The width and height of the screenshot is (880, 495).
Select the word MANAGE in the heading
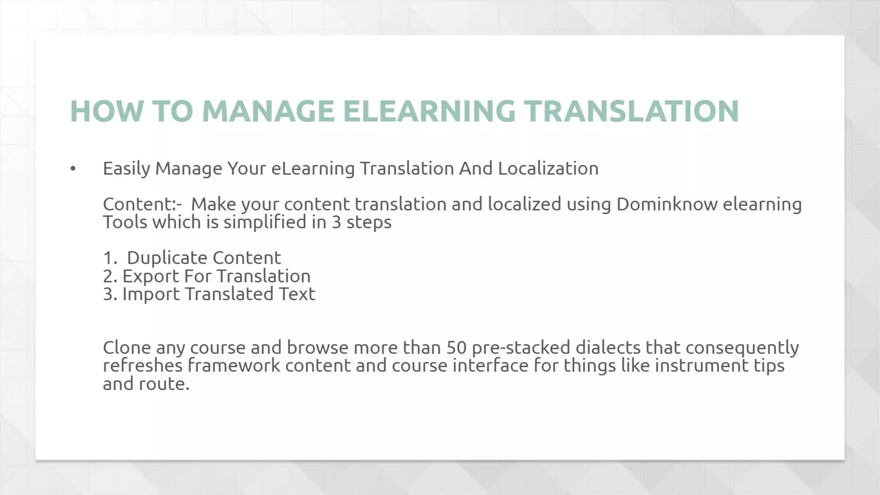pos(268,111)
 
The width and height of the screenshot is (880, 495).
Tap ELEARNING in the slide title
pos(429,111)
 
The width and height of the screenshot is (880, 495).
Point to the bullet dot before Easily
pos(73,169)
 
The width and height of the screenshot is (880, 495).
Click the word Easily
pos(127,169)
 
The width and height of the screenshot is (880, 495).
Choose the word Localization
pos(548,168)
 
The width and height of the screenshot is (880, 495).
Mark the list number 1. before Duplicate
pos(110,258)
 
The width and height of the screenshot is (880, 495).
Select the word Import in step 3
pos(151,294)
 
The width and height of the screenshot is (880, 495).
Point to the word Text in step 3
pos(297,294)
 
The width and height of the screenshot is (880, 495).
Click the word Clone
pos(127,347)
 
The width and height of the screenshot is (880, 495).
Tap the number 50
pos(456,347)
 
